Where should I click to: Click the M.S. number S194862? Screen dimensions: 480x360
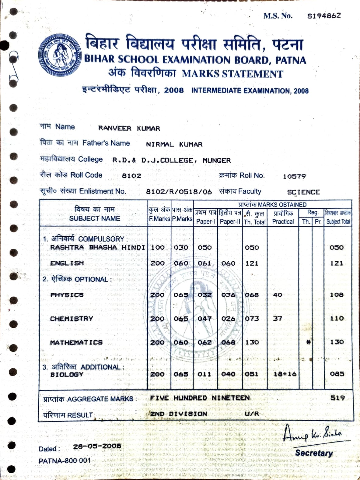click(x=324, y=16)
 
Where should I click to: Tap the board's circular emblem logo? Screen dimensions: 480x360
click(x=60, y=55)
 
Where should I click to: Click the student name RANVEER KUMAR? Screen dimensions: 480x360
click(x=129, y=128)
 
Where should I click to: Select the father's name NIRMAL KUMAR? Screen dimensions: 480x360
click(x=174, y=144)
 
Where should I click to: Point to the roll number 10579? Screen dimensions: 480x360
click(x=294, y=176)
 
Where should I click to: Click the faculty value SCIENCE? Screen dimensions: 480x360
click(x=303, y=192)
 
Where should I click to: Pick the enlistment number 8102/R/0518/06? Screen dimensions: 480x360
click(x=179, y=192)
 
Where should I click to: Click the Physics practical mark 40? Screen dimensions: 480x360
click(x=278, y=295)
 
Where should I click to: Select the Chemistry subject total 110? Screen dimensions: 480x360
click(x=337, y=318)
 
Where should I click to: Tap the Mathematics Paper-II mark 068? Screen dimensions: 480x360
click(x=228, y=342)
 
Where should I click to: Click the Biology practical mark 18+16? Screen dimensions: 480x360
click(x=285, y=374)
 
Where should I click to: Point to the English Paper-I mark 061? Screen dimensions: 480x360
click(x=204, y=263)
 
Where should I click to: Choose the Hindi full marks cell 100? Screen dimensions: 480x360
click(x=158, y=248)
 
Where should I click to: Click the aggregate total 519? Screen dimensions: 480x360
click(x=337, y=398)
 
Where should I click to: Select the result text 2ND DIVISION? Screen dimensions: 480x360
click(x=179, y=414)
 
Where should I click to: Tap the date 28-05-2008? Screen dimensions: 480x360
click(x=97, y=446)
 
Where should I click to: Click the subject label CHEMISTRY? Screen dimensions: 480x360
click(x=72, y=319)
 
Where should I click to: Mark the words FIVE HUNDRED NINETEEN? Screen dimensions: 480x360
click(x=200, y=398)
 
